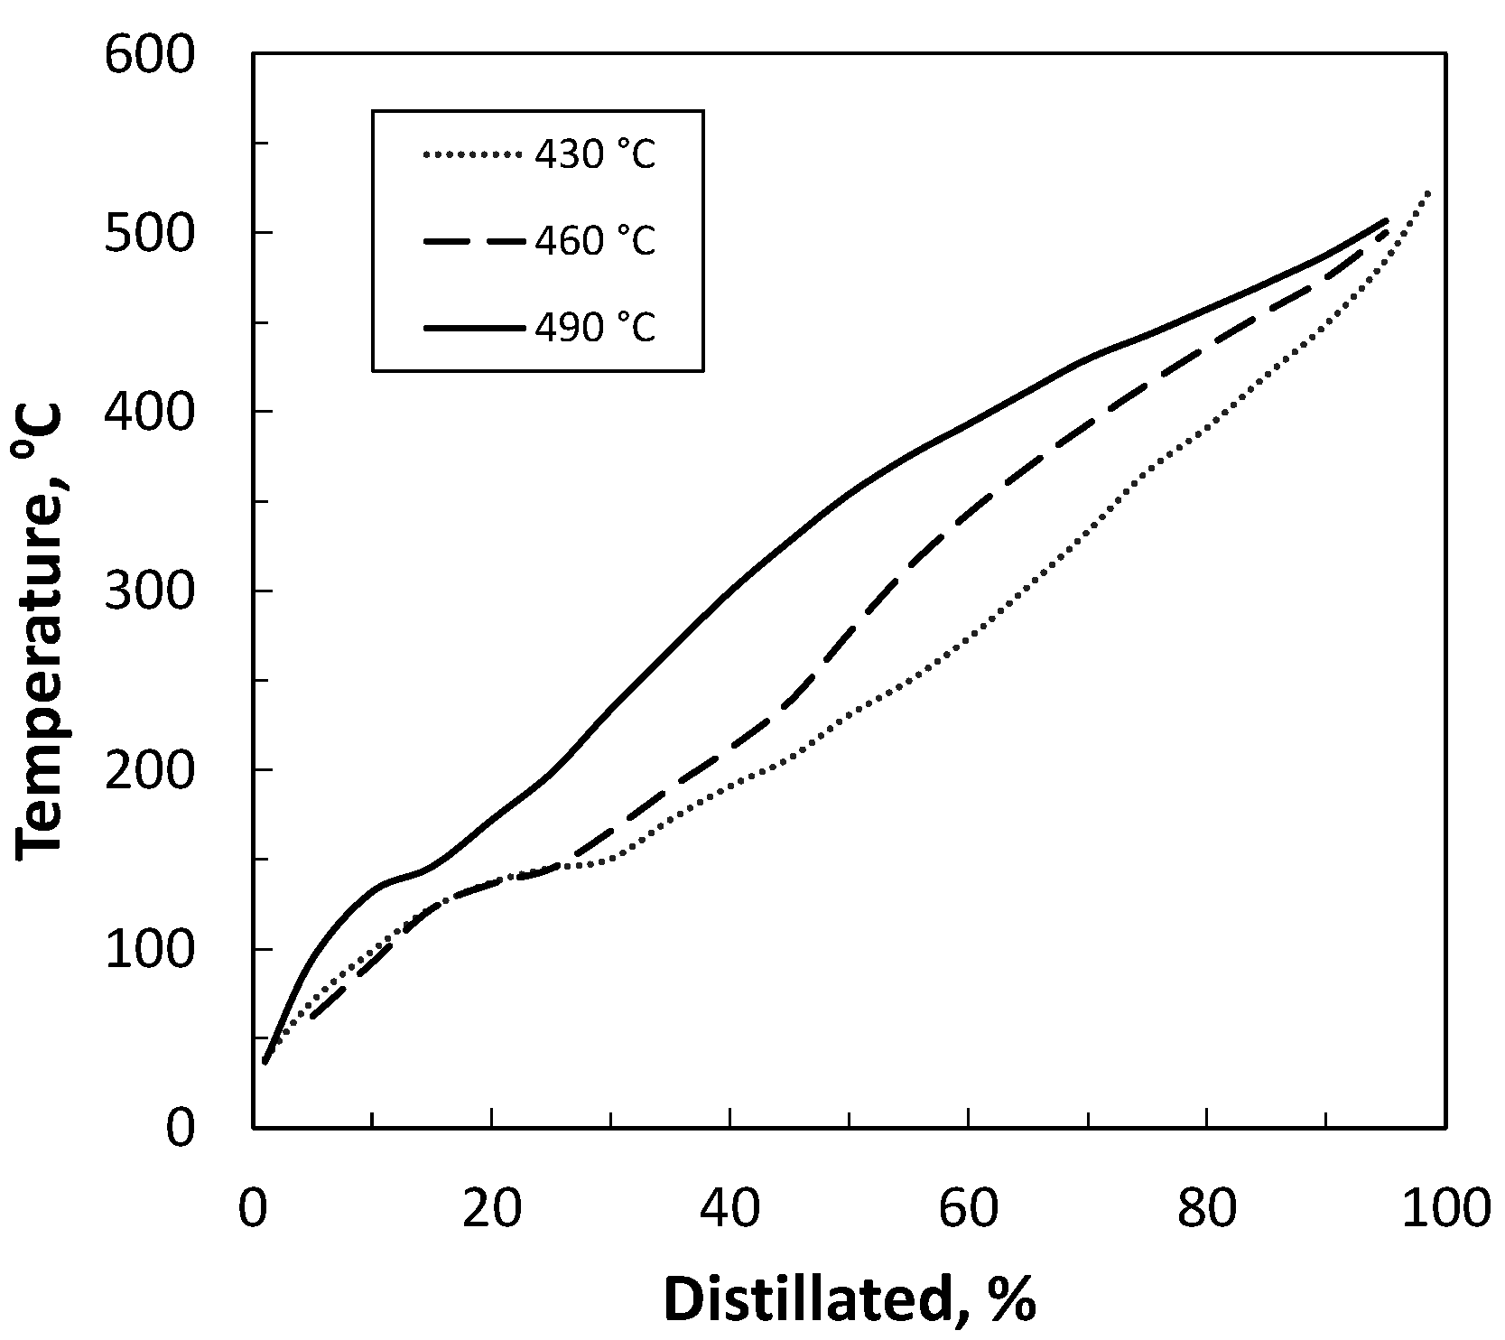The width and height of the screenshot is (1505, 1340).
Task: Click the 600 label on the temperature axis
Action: [149, 56]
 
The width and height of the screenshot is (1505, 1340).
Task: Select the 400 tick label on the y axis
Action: [149, 414]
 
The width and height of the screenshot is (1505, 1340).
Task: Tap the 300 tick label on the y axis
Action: [149, 592]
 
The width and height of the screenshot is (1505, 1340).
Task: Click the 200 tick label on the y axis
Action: [149, 771]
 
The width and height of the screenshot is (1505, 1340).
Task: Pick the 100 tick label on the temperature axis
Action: [149, 950]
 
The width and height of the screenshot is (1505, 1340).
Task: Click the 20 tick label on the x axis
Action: [492, 1211]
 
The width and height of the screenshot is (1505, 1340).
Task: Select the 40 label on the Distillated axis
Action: [730, 1211]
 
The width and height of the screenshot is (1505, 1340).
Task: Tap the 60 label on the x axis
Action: [969, 1211]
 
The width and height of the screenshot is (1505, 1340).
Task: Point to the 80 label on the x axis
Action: [1207, 1211]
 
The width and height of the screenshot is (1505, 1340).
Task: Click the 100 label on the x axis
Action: [1441, 1211]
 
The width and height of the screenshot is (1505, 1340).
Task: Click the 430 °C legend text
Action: [595, 155]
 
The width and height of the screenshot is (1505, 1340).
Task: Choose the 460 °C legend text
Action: [595, 241]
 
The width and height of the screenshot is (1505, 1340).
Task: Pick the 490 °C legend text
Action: [595, 327]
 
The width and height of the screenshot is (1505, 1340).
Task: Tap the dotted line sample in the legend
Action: [472, 155]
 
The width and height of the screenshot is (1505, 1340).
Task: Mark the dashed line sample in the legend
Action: [472, 241]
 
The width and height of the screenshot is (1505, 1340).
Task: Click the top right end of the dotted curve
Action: [1429, 191]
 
